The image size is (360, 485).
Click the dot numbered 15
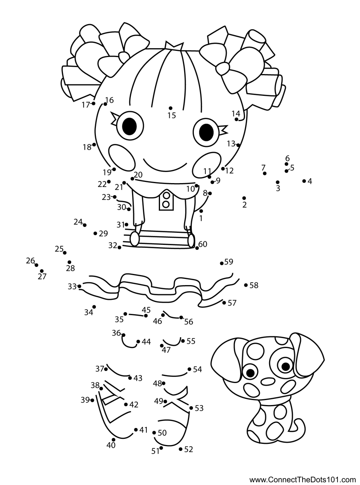pos(170,108)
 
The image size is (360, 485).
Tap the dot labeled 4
pos(304,181)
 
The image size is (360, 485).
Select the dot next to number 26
pos(37,265)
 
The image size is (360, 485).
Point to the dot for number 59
pos(222,263)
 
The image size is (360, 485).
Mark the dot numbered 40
pos(113,440)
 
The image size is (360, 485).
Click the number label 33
pos(72,286)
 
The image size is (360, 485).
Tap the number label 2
pos(244,205)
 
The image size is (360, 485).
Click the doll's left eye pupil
pos(129,126)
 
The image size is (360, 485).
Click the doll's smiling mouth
pos(165,166)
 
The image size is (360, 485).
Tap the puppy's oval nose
pos(268,381)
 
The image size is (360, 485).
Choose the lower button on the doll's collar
pos(166,204)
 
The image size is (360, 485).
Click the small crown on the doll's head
pos(174,45)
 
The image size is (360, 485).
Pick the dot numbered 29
pos(95,233)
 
